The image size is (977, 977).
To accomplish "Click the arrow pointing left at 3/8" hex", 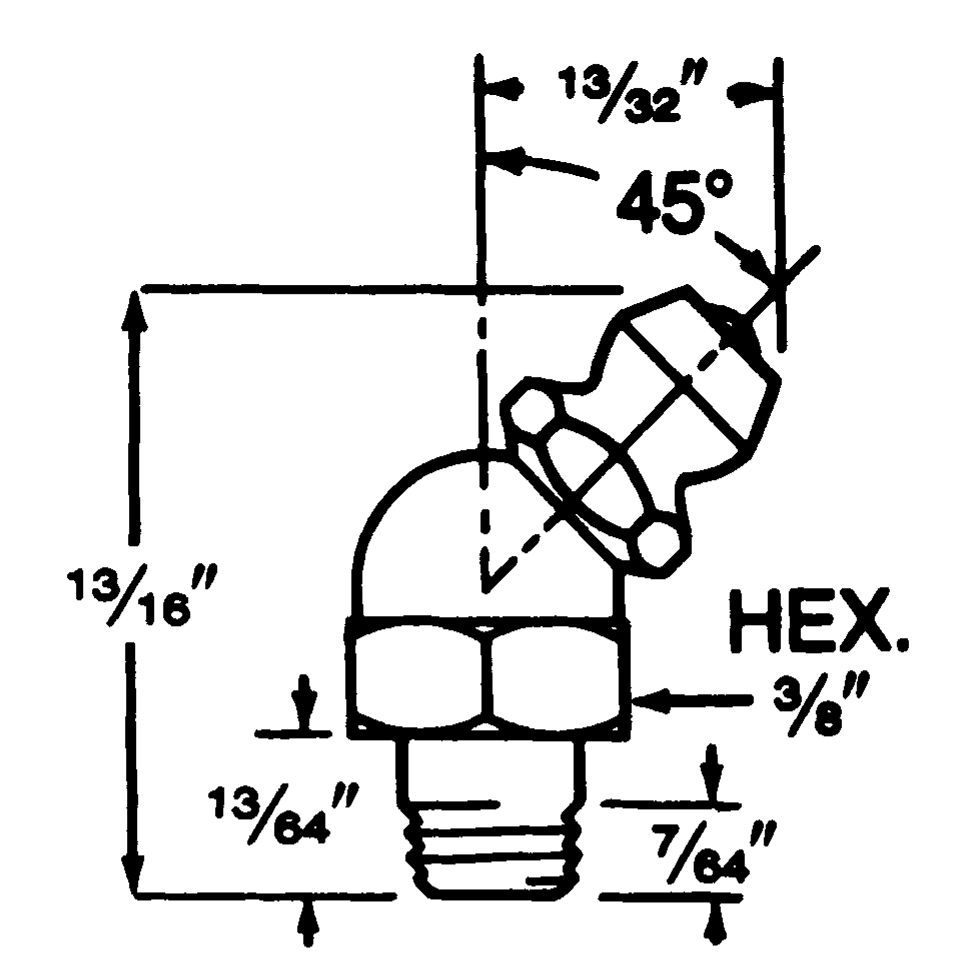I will coord(652,701).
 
